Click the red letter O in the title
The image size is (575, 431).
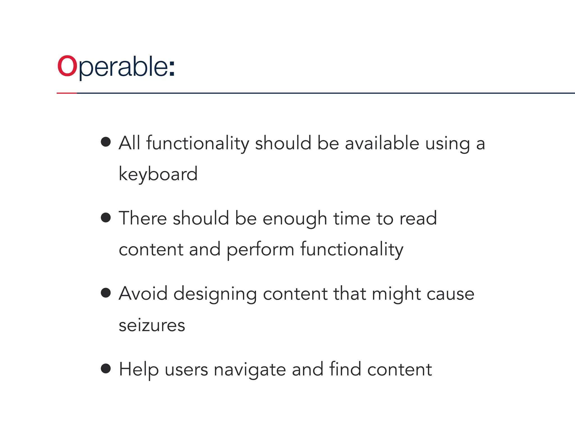pyautogui.click(x=67, y=66)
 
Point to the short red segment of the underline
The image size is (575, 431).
pyautogui.click(x=67, y=93)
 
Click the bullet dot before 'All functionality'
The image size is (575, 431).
pyautogui.click(x=106, y=142)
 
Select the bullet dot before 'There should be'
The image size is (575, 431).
pyautogui.click(x=106, y=217)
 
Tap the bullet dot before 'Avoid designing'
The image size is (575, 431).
pyautogui.click(x=106, y=293)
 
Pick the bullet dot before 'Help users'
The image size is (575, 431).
pyautogui.click(x=106, y=368)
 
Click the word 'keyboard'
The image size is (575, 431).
pyautogui.click(x=158, y=174)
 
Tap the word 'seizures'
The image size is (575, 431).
pyautogui.click(x=152, y=325)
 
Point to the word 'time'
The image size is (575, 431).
pyautogui.click(x=352, y=219)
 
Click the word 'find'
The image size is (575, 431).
pyautogui.click(x=345, y=369)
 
